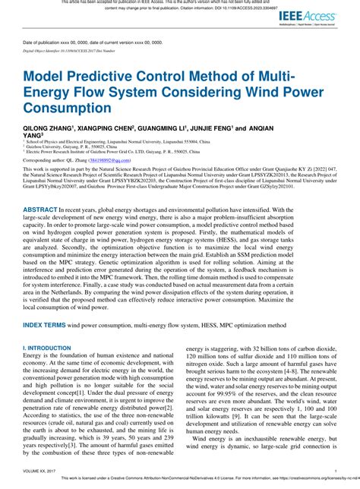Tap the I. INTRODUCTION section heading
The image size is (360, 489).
coord(50,348)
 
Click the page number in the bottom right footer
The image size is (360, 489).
coord(335,472)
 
